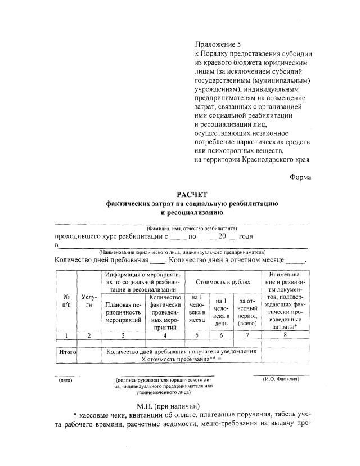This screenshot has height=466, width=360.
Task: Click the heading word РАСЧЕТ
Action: click(x=192, y=194)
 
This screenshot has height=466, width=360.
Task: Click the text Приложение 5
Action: click(x=217, y=43)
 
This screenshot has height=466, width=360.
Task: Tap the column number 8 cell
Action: click(x=285, y=335)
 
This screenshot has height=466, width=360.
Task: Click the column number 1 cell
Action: click(x=66, y=335)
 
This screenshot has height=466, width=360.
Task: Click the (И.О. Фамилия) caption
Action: click(x=281, y=379)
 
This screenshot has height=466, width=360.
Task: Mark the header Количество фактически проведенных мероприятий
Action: click(x=165, y=311)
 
